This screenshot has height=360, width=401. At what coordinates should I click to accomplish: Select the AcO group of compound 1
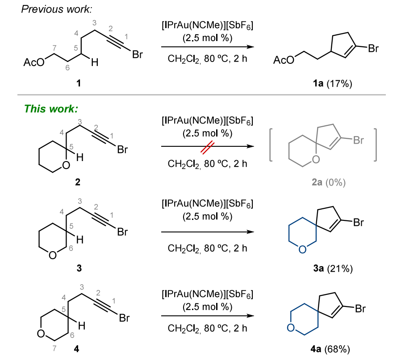pos(33,62)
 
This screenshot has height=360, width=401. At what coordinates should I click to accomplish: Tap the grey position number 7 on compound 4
pos(54,348)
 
